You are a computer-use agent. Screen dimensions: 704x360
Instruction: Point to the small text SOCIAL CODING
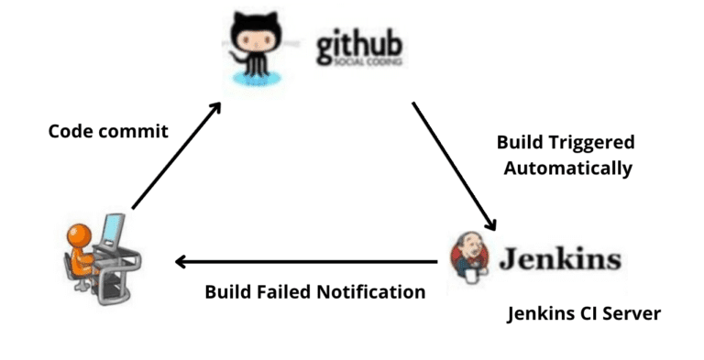pyautogui.click(x=359, y=64)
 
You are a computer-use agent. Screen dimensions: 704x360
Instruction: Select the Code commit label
pyautogui.click(x=108, y=131)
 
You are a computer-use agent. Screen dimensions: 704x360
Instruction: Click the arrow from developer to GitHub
pyautogui.click(x=176, y=156)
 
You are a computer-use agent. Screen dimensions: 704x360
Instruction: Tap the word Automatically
pyautogui.click(x=567, y=168)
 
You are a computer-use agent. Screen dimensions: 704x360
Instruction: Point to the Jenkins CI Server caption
pyautogui.click(x=584, y=314)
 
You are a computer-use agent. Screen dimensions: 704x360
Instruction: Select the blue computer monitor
pyautogui.click(x=113, y=231)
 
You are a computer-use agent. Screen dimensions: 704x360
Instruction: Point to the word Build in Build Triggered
pyautogui.click(x=518, y=143)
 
